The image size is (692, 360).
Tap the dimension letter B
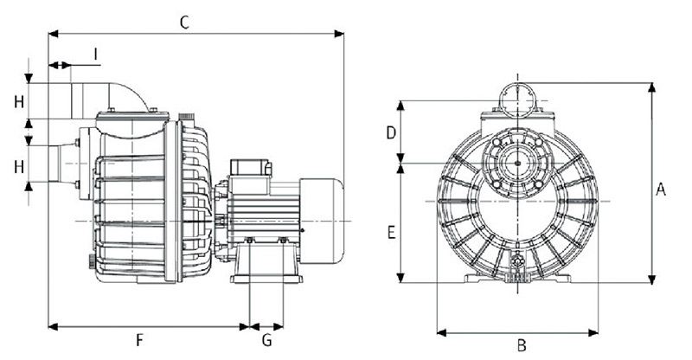521,345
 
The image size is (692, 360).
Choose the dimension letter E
391,233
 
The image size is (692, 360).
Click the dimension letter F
140,339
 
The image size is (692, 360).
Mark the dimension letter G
267,339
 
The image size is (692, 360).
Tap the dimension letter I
95,56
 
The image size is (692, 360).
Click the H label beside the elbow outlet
18,101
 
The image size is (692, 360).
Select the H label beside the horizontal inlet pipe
18,166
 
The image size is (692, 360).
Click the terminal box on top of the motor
251,169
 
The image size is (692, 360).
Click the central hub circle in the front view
517,162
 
